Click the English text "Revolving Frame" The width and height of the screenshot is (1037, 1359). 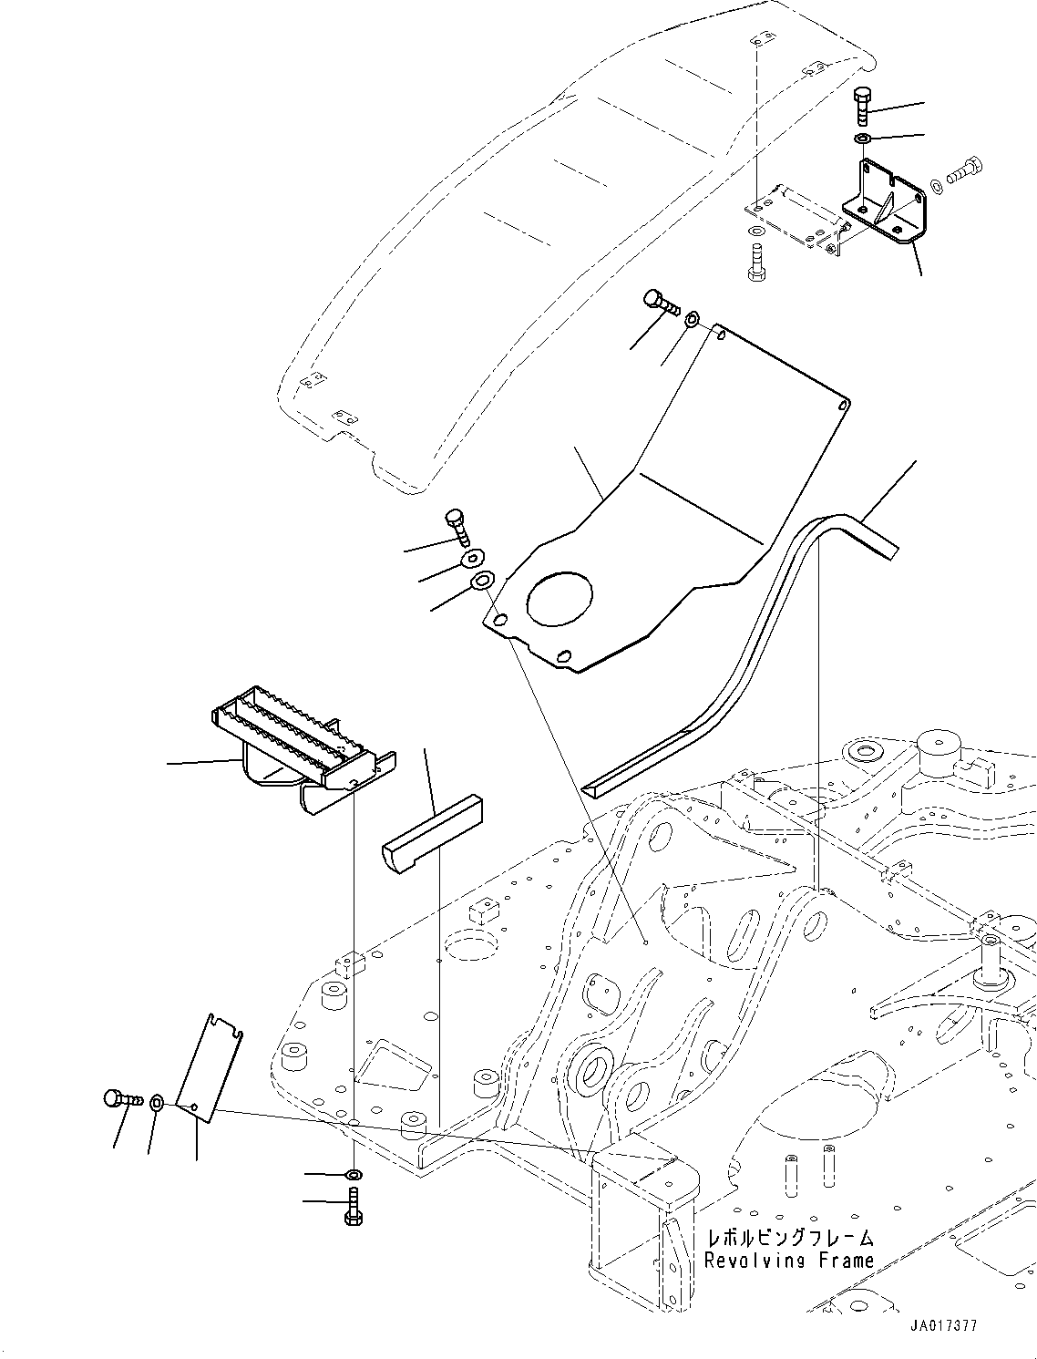pyautogui.click(x=788, y=1261)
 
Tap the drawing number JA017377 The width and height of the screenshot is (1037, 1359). pyautogui.click(x=942, y=1326)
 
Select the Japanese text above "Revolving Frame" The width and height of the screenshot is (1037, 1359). pyautogui.click(x=789, y=1239)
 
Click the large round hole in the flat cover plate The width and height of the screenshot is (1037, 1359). pyautogui.click(x=560, y=599)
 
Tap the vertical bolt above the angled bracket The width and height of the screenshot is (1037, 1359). pyautogui.click(x=864, y=106)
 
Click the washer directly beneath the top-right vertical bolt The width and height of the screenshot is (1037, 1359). pyautogui.click(x=862, y=138)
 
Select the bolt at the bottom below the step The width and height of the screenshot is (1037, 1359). pyautogui.click(x=354, y=1206)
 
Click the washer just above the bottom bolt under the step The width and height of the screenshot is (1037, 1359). pyautogui.click(x=354, y=1174)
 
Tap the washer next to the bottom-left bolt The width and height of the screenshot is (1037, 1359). pyautogui.click(x=157, y=1103)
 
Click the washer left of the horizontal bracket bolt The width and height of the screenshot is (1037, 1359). pyautogui.click(x=936, y=188)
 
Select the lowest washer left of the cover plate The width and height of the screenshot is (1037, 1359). pyautogui.click(x=481, y=581)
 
